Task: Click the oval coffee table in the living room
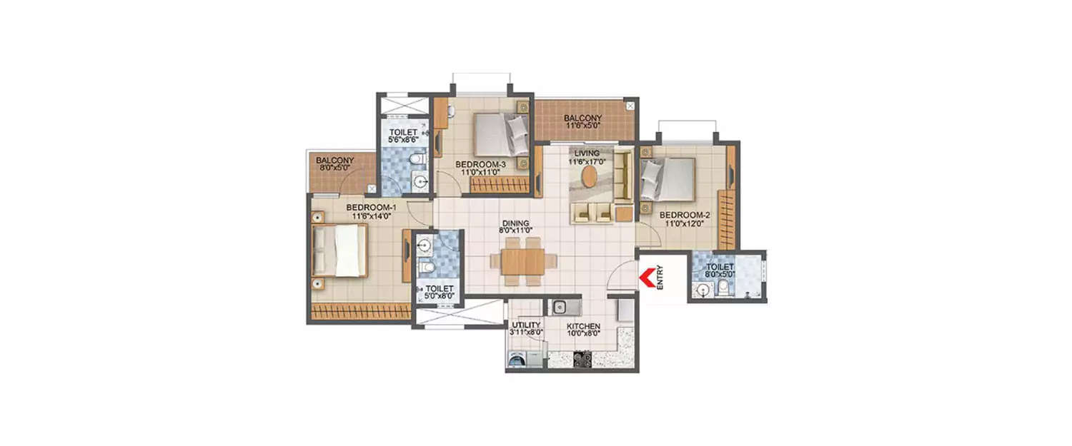point(590,176)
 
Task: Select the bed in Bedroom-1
point(340,250)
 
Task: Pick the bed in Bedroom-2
point(668,178)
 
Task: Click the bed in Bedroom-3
point(502,133)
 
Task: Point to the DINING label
point(515,223)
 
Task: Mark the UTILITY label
point(527,325)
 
